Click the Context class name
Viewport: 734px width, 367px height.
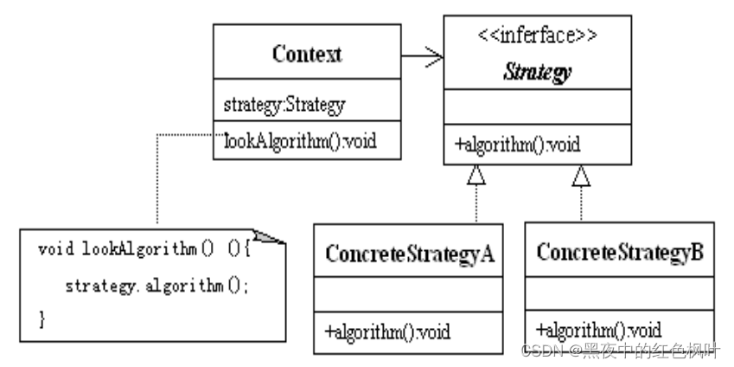click(x=307, y=55)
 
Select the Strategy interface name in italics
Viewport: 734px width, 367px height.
click(x=537, y=73)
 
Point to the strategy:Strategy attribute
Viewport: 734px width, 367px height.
click(x=284, y=106)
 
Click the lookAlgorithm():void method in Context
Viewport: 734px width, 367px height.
click(x=301, y=139)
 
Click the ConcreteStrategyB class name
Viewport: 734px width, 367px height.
click(x=620, y=254)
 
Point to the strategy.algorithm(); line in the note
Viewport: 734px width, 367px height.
click(x=156, y=285)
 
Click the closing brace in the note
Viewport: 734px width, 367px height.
click(x=42, y=319)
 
